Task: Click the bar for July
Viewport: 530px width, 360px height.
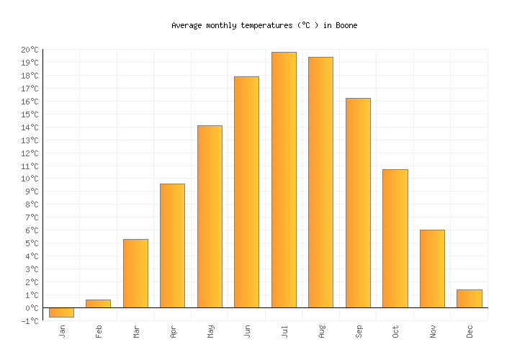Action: pyautogui.click(x=284, y=180)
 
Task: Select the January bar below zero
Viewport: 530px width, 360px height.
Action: pyautogui.click(x=61, y=312)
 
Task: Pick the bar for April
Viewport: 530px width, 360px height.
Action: pyautogui.click(x=172, y=246)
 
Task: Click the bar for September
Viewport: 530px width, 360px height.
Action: pyautogui.click(x=358, y=203)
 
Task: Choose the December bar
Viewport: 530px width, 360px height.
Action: pyautogui.click(x=469, y=299)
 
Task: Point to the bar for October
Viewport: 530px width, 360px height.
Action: pyautogui.click(x=395, y=238)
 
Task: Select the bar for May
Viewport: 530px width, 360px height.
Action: pyautogui.click(x=210, y=217)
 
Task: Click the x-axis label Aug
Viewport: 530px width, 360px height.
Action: pyautogui.click(x=322, y=331)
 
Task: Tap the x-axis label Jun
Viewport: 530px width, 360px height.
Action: pyautogui.click(x=248, y=331)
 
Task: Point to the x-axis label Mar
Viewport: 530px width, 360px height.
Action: pyautogui.click(x=136, y=331)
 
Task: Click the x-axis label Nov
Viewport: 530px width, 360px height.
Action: pyautogui.click(x=433, y=331)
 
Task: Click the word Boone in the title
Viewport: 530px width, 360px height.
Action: pyautogui.click(x=346, y=25)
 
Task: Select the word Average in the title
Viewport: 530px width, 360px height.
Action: pyautogui.click(x=187, y=25)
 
